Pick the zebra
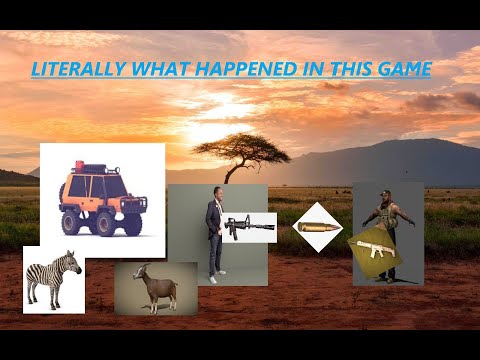52,280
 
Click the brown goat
155,290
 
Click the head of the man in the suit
212,194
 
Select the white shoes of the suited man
213,278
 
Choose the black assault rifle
245,226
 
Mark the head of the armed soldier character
386,196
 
